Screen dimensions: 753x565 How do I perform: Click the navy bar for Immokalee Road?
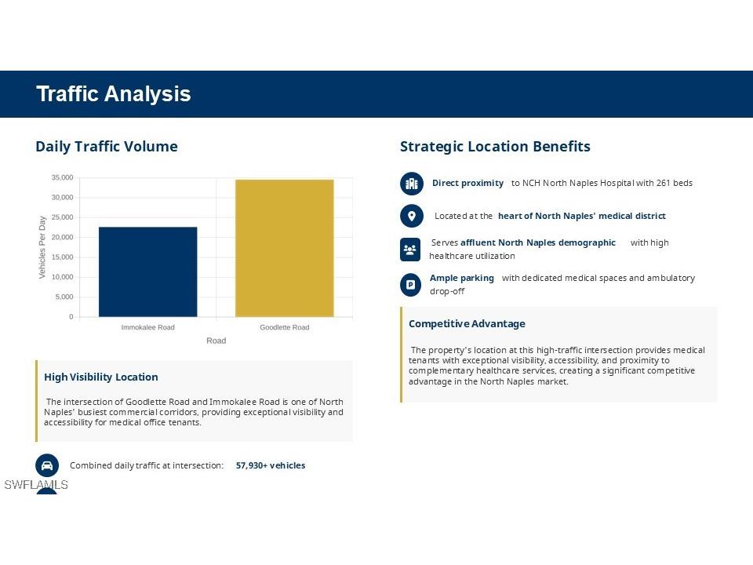[x=148, y=272]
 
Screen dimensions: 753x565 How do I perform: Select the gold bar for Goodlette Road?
[x=284, y=249]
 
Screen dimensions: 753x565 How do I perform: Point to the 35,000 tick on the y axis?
[x=63, y=178]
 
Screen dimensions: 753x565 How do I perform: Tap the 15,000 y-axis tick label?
[x=63, y=257]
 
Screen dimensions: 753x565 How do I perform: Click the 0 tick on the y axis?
[x=71, y=316]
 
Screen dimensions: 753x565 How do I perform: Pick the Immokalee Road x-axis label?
[x=148, y=327]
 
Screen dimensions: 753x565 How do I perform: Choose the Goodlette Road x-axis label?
[x=284, y=327]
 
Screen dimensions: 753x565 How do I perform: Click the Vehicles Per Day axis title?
[x=42, y=247]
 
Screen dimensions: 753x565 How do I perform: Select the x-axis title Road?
[x=216, y=341]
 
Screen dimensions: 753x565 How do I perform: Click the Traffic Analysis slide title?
[x=113, y=93]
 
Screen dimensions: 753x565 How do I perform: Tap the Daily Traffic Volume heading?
[x=107, y=147]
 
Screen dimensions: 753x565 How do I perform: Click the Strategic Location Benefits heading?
[x=495, y=147]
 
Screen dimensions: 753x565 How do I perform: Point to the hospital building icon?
[x=412, y=184]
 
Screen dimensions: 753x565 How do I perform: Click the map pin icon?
[x=412, y=216]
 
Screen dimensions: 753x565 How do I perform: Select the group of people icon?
[x=410, y=250]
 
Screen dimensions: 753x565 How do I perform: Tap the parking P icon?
[x=410, y=285]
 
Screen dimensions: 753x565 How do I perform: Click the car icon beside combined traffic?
[x=47, y=465]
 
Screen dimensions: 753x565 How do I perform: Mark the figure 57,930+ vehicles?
[x=271, y=465]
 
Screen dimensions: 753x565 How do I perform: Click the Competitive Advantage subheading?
[x=467, y=324]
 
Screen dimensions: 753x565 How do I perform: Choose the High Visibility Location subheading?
[x=101, y=377]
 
